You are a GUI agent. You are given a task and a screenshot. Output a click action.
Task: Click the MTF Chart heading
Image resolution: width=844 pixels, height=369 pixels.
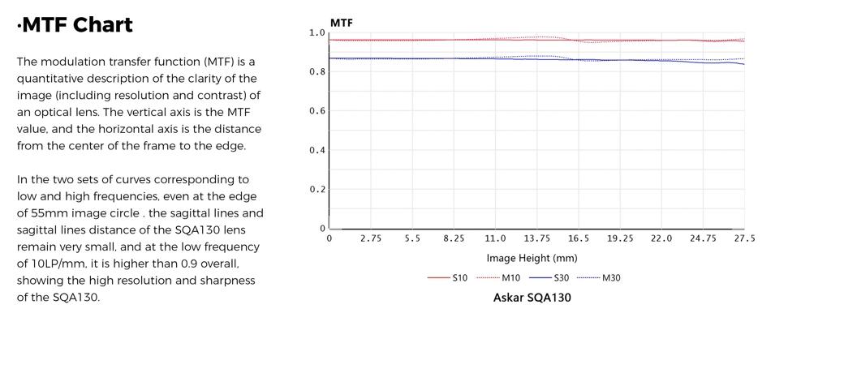pos(75,25)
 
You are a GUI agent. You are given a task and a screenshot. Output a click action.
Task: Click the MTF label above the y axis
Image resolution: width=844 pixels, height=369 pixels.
pos(342,23)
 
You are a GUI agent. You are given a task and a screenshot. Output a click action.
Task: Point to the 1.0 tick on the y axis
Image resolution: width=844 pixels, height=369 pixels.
pos(316,33)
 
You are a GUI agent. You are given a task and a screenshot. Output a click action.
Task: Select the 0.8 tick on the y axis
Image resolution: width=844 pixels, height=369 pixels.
pos(316,72)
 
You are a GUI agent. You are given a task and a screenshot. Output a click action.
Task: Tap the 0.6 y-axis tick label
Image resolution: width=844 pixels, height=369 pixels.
pos(316,111)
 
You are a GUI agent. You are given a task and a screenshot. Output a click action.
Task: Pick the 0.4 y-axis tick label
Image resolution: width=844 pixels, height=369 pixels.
pos(316,150)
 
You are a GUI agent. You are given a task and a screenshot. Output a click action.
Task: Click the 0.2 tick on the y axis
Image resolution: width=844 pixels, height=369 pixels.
pos(316,190)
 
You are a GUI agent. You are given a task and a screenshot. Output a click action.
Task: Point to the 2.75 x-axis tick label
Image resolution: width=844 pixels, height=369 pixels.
pos(371,238)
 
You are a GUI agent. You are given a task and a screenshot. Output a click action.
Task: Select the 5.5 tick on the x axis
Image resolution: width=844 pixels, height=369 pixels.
pos(412,238)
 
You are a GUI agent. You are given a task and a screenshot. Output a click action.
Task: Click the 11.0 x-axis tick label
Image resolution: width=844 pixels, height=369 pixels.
pos(495,238)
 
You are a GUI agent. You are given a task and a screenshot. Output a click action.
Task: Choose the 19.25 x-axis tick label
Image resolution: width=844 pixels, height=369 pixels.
pos(620,238)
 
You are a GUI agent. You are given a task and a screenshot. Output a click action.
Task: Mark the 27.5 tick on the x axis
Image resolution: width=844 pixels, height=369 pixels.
pos(744,238)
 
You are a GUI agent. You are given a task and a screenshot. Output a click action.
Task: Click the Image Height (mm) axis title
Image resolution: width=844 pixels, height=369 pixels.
pos(532,259)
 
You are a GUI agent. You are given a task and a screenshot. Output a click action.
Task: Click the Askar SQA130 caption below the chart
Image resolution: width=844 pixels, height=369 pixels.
pos(532,298)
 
